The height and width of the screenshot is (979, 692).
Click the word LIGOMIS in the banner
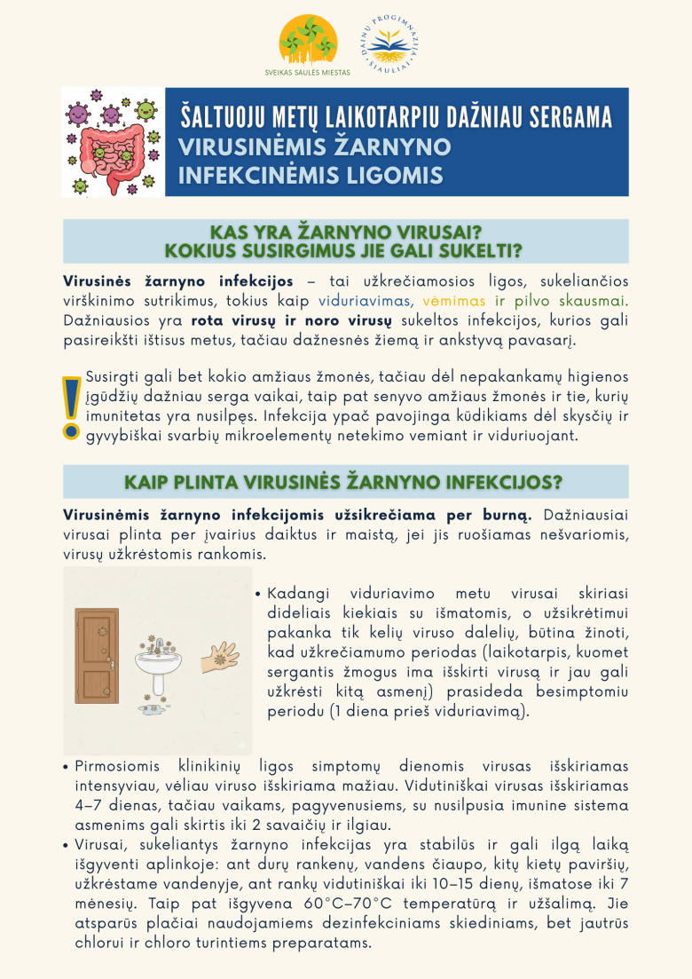point(398,175)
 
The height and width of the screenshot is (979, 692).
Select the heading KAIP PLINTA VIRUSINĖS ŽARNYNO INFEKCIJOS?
point(344,481)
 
